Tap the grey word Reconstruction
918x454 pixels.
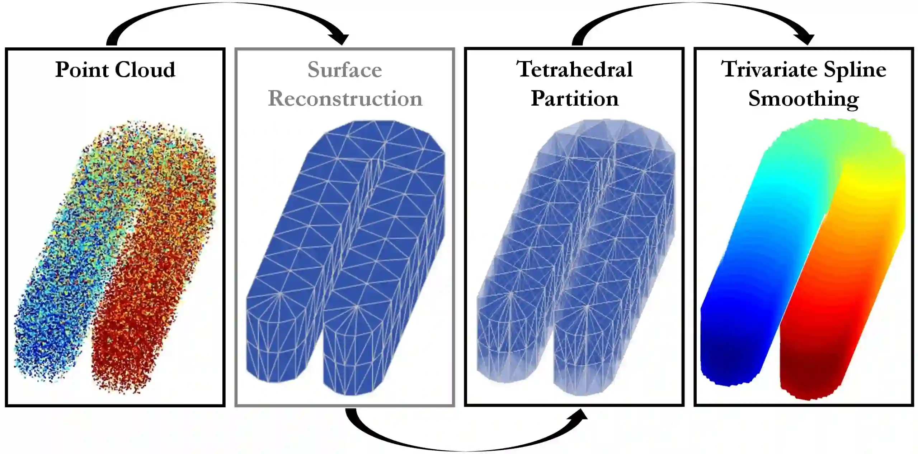tap(345, 98)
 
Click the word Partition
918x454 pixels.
tap(574, 98)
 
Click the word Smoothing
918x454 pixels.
tap(803, 99)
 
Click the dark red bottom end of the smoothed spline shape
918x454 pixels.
tap(811, 384)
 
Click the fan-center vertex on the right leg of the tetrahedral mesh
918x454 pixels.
tap(587, 307)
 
